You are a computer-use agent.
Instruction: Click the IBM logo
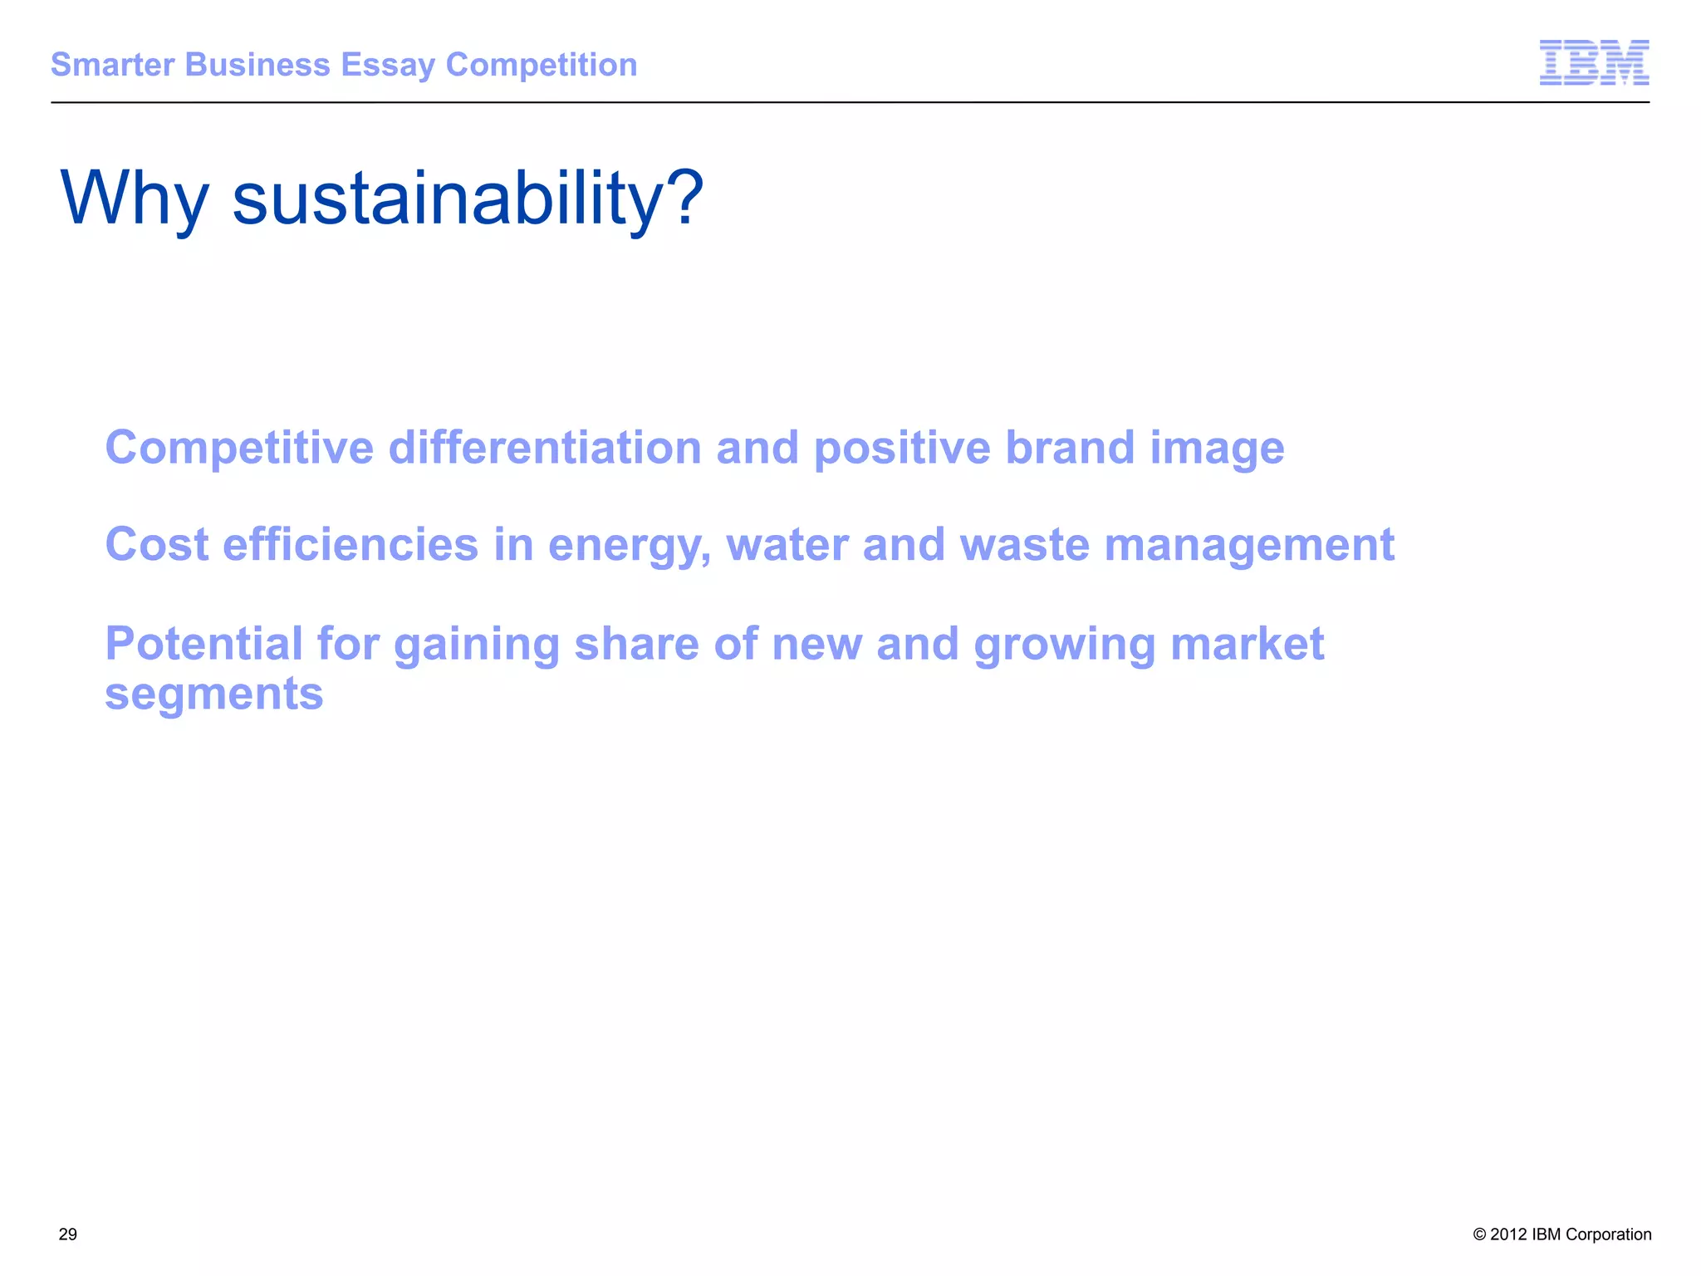coord(1594,62)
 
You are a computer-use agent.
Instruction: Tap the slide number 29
coord(68,1234)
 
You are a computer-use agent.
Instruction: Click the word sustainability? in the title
coord(468,199)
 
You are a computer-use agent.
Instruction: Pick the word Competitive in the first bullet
coord(239,448)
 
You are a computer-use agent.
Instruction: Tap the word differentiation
coord(545,448)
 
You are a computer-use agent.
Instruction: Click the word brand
coord(1070,448)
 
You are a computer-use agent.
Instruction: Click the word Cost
coord(157,545)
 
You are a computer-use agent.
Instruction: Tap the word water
coord(787,545)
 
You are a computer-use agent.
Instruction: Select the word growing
coord(1064,645)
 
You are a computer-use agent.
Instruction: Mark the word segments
coord(213,694)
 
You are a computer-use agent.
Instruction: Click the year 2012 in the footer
coord(1508,1234)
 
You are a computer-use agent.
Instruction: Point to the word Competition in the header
coord(542,65)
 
